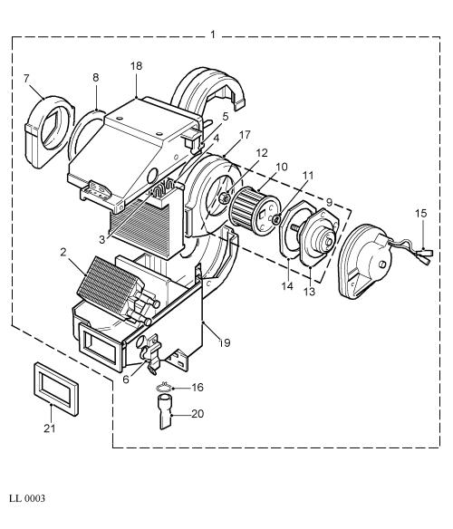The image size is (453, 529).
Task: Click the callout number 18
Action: coord(137,66)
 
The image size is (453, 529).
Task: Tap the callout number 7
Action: coord(26,78)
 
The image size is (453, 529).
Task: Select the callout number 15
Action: coord(421,213)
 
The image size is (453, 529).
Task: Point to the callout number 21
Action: coord(49,428)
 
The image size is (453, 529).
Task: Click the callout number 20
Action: coord(198,413)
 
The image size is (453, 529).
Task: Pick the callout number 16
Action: coord(198,388)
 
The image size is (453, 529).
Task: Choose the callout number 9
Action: coord(330,202)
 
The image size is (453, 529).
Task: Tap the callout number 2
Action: coord(63,253)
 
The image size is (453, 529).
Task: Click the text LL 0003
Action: coord(27,498)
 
